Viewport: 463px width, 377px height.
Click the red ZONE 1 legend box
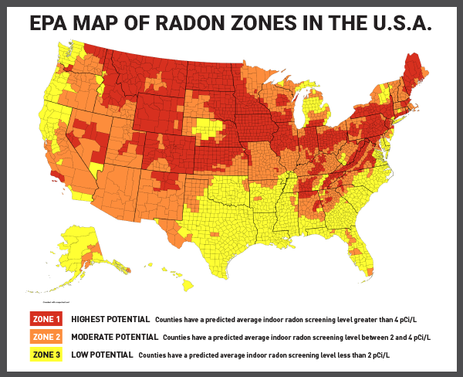pos(46,319)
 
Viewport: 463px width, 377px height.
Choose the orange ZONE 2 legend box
pos(46,337)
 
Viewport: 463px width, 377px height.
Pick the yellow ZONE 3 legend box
pos(46,355)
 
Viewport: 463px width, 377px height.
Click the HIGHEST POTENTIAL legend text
pos(110,319)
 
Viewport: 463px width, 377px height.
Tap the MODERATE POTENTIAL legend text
pos(115,337)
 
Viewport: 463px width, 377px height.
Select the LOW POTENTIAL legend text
pos(101,355)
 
